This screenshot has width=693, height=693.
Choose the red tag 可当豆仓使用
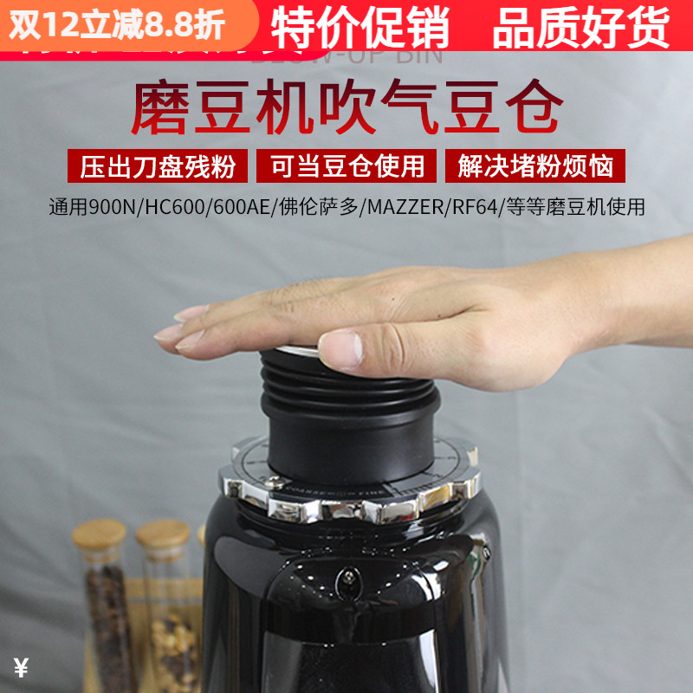pos(346,165)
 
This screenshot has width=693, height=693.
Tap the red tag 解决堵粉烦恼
pos(534,165)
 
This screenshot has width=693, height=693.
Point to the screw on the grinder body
pos(346,574)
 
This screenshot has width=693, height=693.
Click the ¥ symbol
pos(22,668)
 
